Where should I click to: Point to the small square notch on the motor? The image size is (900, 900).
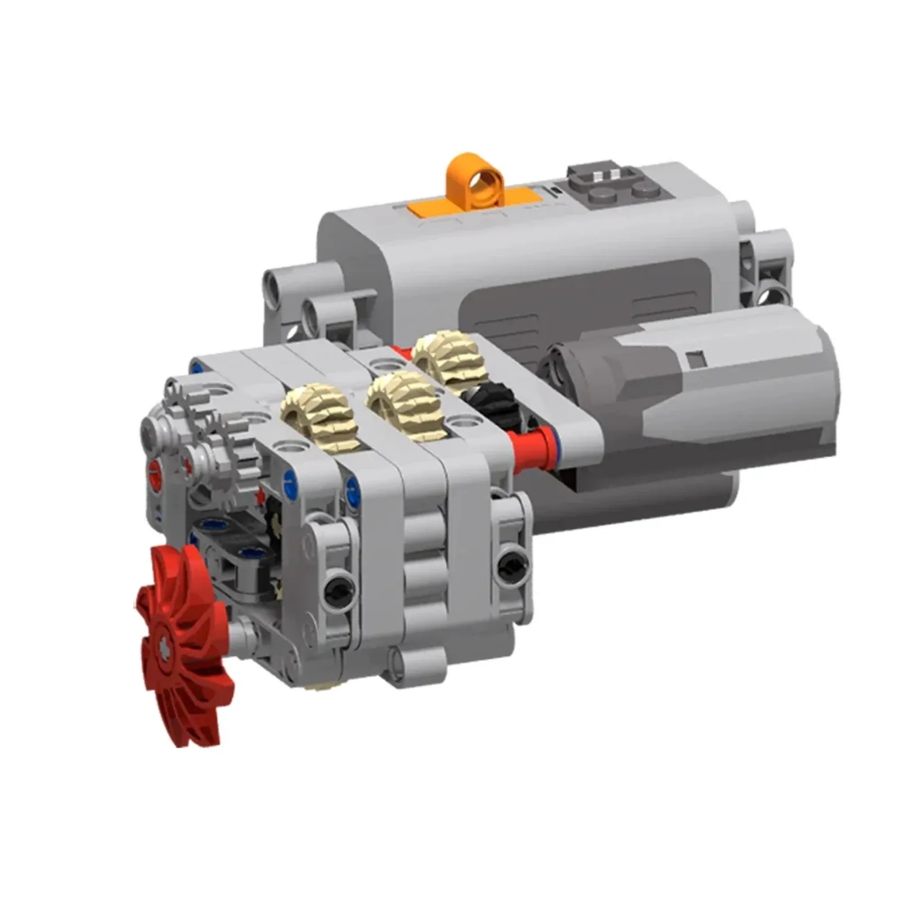click(696, 357)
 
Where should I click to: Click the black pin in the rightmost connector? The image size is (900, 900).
click(512, 564)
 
